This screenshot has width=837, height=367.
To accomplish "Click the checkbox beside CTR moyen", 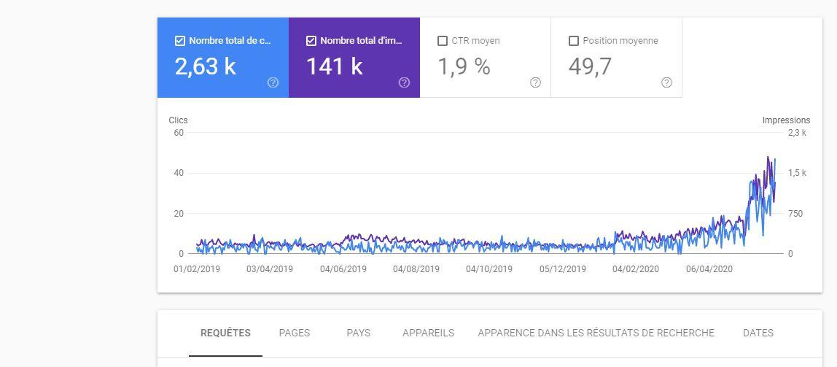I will pos(443,41).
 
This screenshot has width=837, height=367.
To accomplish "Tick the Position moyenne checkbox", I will pos(574,41).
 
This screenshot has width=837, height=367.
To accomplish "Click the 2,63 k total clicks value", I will pos(205,66).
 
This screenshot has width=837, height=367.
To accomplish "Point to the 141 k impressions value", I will pos(334,66).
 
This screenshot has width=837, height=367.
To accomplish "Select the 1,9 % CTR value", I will pos(464,66).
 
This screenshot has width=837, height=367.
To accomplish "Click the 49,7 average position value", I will pos(590,66).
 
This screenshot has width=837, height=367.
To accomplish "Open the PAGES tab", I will pos(295,333).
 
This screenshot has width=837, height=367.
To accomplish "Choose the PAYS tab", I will pos(358,333).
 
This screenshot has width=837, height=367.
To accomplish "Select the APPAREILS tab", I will pos(428,333).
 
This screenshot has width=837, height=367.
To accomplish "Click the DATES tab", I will pos(758,333).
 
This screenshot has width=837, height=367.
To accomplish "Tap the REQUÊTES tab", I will pos(225,333).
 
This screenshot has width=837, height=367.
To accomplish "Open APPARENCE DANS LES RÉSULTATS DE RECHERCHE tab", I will pos(596,333).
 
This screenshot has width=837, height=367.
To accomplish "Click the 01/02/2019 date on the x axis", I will pos(197,269).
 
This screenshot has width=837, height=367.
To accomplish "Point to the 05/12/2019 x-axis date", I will pos(562,269).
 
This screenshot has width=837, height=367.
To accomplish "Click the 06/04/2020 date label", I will pos(709,269).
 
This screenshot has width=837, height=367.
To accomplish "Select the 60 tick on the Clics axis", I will pos(179,133).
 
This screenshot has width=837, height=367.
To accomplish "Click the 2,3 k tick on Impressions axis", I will pos(797,133).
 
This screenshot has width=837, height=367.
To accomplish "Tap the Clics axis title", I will pos(178,120).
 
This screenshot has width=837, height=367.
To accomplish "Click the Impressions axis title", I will pos(786,120).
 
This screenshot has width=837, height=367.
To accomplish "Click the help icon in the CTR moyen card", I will pos(535,82).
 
